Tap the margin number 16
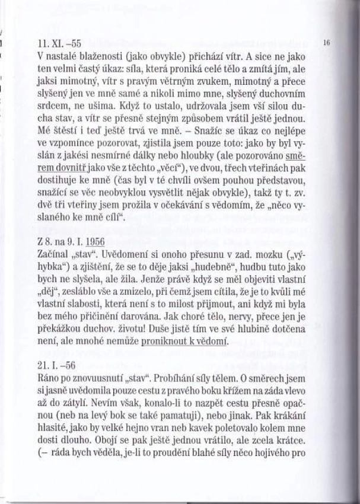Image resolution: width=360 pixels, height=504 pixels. coord(327,44)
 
